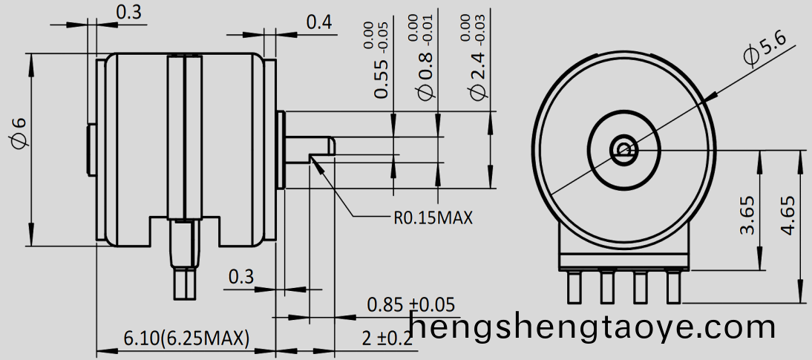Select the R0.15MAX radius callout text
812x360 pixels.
433,218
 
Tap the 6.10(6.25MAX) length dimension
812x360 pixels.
186,339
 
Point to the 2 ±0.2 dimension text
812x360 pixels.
387,339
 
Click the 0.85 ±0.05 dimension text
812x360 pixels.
410,304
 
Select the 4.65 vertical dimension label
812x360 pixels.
788,215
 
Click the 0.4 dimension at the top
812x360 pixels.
319,22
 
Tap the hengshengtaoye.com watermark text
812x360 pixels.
593,327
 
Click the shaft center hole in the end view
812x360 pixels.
623,150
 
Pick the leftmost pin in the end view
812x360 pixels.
573,287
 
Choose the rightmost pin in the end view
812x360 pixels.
673,287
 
